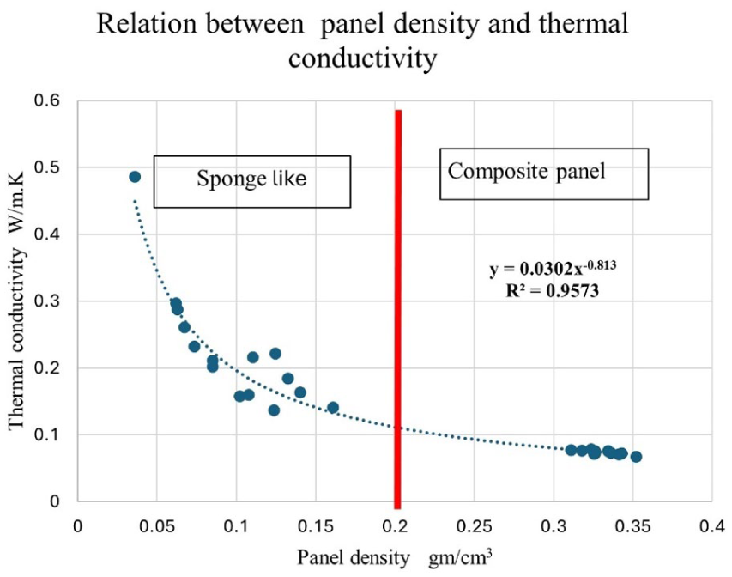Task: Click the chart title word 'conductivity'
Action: point(363,59)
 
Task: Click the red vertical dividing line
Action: point(397,309)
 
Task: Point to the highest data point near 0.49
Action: point(135,177)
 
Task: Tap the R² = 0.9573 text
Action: point(553,290)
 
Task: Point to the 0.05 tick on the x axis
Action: point(157,526)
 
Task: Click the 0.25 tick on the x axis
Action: point(475,526)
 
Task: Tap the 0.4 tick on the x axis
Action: point(712,526)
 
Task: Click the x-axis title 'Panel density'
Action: point(354,557)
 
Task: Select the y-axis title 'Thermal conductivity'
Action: point(17,337)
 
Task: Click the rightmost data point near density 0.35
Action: point(636,457)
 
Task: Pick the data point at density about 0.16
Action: point(333,407)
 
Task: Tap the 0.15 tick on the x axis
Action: point(316,526)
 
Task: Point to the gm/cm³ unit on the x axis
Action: point(460,556)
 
